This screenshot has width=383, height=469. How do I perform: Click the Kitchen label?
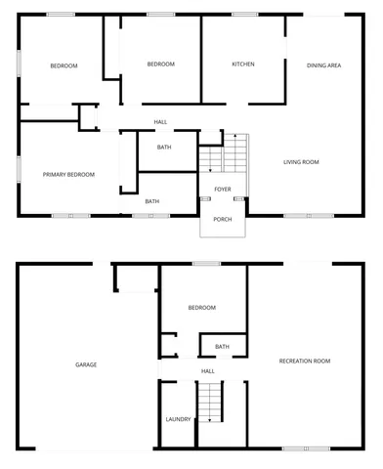click(242, 64)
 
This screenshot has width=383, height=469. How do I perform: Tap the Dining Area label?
click(323, 65)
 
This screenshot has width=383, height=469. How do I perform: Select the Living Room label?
click(301, 161)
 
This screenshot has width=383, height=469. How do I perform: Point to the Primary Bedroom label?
click(68, 174)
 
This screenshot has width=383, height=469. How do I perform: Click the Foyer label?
click(223, 189)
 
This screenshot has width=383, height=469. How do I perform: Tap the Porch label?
click(223, 219)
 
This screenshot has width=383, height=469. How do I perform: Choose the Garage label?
click(86, 364)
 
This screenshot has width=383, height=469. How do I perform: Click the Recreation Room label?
click(305, 361)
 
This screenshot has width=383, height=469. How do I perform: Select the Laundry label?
click(178, 419)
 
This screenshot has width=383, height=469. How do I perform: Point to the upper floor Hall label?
click(160, 122)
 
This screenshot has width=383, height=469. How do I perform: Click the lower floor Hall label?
click(207, 371)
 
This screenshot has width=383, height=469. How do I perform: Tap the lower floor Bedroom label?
click(201, 308)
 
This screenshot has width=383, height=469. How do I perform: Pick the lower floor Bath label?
click(223, 346)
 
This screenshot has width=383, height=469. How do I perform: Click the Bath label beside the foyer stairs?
click(164, 148)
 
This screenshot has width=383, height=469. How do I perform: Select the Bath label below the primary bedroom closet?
click(152, 201)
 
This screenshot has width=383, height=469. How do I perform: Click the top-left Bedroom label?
click(64, 65)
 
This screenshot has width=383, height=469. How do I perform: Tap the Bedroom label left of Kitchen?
click(160, 64)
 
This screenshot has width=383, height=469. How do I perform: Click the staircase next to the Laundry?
click(212, 402)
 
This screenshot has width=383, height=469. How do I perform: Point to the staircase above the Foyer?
click(224, 154)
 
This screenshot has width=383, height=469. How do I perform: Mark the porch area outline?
click(223, 217)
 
